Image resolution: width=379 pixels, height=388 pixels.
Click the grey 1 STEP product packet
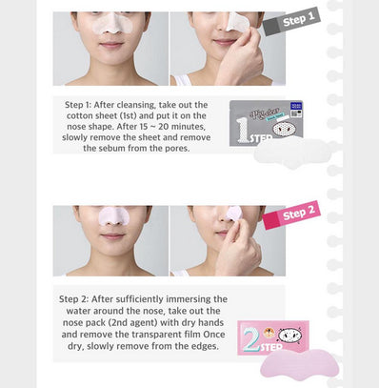coord(266,123)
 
